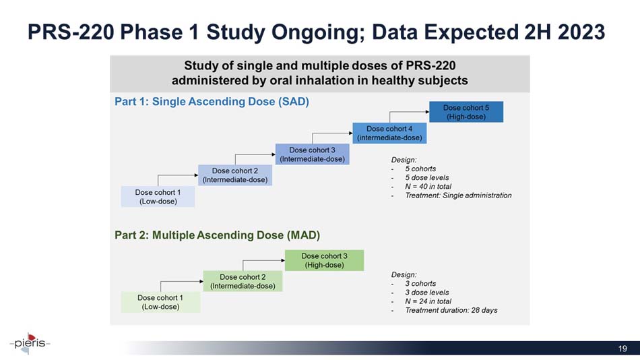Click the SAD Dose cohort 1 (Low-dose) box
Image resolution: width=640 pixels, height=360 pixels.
[x=158, y=197]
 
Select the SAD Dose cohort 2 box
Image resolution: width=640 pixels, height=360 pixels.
[x=235, y=175]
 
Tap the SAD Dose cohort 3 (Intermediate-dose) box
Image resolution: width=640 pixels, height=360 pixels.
[x=312, y=154]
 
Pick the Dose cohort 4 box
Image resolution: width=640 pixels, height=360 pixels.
[x=389, y=133]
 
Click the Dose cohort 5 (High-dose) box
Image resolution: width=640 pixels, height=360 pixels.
[x=466, y=112]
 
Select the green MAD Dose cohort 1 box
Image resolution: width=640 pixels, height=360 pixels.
[x=160, y=303]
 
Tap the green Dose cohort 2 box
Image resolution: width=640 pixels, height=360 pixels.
[x=243, y=281]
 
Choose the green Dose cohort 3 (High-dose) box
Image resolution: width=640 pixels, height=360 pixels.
[x=324, y=260]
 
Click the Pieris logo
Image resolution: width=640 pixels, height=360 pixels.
[x=30, y=343]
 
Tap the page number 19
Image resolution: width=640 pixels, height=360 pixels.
[x=622, y=349]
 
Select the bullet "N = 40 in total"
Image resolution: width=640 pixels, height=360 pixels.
[x=428, y=186]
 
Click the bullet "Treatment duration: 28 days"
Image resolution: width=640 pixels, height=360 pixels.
[x=451, y=310]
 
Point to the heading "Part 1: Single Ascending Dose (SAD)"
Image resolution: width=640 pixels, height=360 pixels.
[x=212, y=101]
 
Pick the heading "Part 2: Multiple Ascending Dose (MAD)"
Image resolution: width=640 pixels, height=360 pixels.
[x=217, y=235]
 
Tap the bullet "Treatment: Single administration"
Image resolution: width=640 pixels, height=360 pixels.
[x=458, y=196]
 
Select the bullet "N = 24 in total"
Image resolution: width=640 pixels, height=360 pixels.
[x=428, y=301]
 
